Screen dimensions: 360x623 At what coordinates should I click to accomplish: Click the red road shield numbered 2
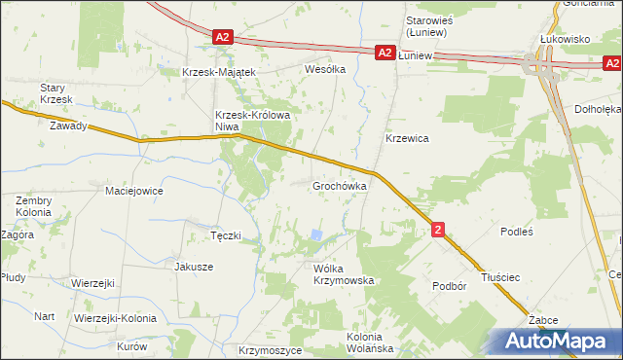[x=439, y=230]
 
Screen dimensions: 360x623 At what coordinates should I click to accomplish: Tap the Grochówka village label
[x=339, y=185]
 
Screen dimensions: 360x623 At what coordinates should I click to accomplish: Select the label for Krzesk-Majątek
[x=219, y=72]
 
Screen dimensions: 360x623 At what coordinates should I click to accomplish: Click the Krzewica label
[x=408, y=138]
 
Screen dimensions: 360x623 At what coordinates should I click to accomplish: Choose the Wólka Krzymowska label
[x=343, y=273]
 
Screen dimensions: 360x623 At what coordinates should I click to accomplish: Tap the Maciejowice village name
[x=134, y=191]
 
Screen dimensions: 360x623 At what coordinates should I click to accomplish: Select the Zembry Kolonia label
[x=34, y=206]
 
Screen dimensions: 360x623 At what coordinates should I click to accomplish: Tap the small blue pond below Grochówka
[x=315, y=234]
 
